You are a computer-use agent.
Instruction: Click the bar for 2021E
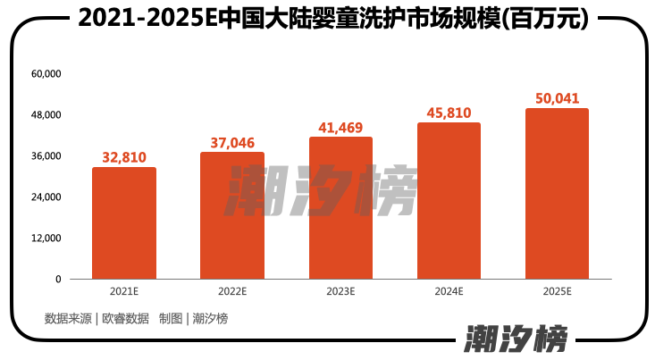[124, 223]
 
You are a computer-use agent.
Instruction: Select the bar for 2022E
[232, 216]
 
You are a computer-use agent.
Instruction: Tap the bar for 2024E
[449, 201]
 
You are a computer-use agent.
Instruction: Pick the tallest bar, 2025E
[557, 194]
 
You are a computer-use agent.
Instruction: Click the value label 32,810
[124, 157]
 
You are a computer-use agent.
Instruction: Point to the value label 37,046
[232, 142]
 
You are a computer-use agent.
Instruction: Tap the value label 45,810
[449, 113]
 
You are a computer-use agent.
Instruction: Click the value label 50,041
[557, 98]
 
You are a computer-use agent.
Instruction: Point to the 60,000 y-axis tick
[46, 74]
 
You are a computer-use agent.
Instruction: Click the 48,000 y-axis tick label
[46, 115]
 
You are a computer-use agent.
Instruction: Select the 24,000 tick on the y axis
[46, 197]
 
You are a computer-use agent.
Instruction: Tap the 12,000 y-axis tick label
[46, 239]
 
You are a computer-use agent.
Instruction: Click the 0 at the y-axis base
[58, 280]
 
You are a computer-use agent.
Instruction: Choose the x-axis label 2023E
[340, 292]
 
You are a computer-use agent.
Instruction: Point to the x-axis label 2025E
[557, 292]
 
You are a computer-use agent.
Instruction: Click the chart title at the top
[327, 18]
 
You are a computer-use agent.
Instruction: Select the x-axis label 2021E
[124, 292]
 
